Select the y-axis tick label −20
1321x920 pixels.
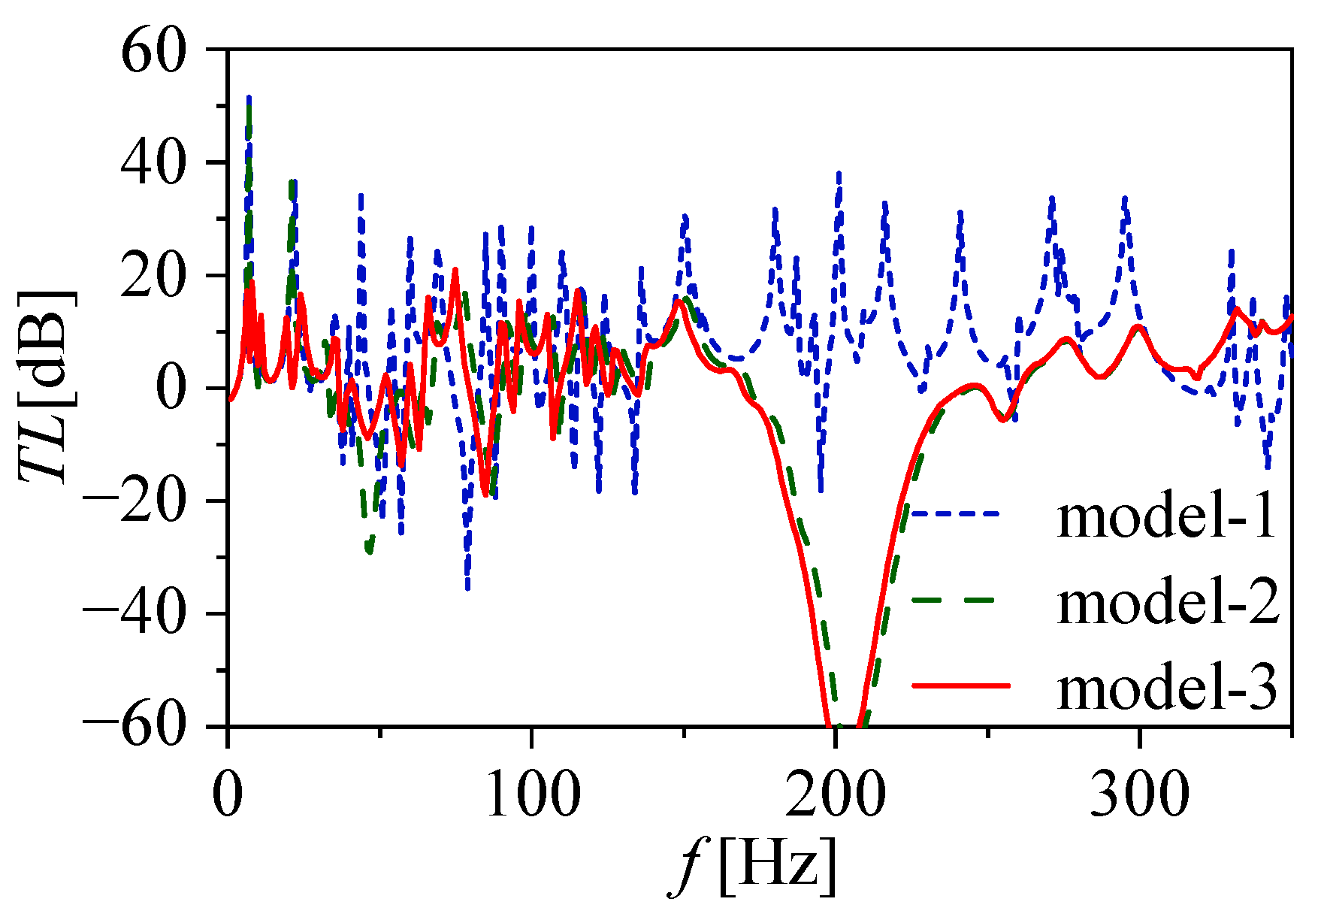(135, 501)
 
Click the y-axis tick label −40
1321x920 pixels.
(135, 614)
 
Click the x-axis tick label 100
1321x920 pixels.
(532, 794)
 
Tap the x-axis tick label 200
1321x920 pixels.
(835, 794)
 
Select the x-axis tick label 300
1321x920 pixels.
(1139, 794)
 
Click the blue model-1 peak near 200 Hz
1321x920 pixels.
(838, 174)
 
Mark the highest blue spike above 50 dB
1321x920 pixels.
(249, 97)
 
